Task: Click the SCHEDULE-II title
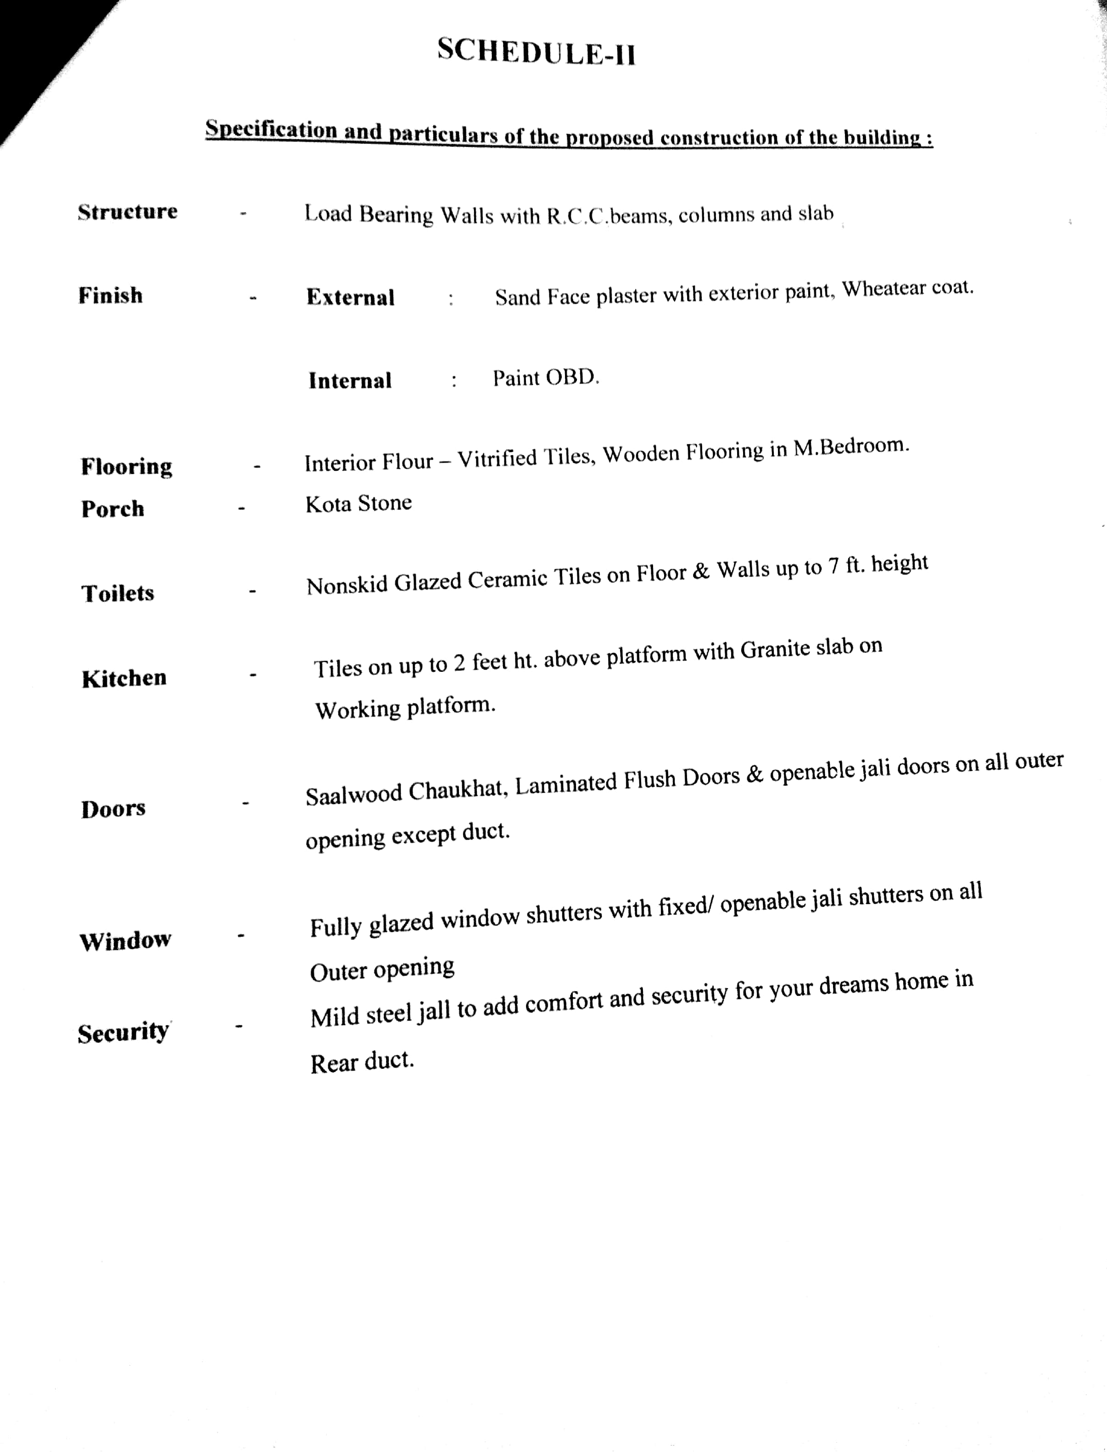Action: [537, 51]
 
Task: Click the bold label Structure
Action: [127, 212]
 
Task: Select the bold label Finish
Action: [110, 295]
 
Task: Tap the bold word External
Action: [351, 297]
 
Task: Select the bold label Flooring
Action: [127, 466]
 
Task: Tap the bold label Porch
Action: [113, 508]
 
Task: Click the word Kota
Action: [328, 504]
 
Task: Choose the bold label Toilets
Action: [118, 593]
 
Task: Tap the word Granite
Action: [775, 650]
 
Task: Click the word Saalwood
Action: [354, 794]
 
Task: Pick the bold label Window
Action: [125, 940]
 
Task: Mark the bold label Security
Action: [123, 1032]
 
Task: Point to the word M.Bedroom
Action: [851, 447]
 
